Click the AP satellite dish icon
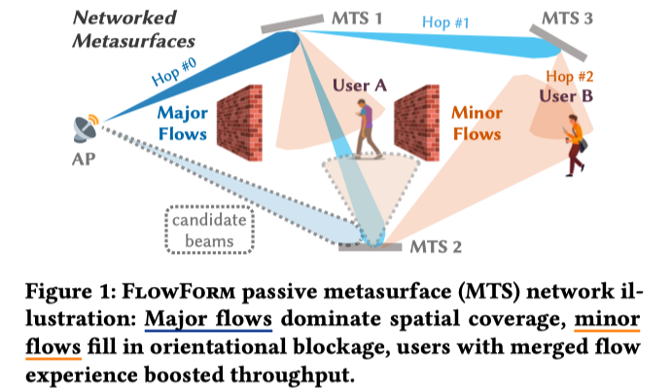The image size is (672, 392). (x=87, y=128)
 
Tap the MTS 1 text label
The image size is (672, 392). (x=357, y=18)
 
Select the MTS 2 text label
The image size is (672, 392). (x=436, y=247)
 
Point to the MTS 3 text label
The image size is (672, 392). (x=567, y=18)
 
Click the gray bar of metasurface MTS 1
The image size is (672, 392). (x=293, y=24)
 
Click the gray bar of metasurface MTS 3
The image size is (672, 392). (x=558, y=43)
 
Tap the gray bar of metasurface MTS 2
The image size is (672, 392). (x=371, y=247)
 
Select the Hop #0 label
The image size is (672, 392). (x=174, y=71)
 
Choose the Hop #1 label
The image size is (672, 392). (x=445, y=21)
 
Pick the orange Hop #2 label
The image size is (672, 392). (x=570, y=76)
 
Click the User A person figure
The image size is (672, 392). (x=368, y=128)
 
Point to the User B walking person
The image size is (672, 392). (x=576, y=145)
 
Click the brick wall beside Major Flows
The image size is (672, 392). (x=239, y=123)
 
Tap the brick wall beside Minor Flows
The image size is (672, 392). (x=416, y=123)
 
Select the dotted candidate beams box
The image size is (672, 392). (x=209, y=231)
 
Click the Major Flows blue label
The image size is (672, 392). (x=183, y=124)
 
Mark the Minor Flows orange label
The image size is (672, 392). (x=477, y=124)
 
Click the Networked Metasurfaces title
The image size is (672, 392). (x=133, y=29)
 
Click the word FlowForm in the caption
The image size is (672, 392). (x=179, y=292)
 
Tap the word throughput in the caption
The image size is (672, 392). (x=293, y=375)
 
